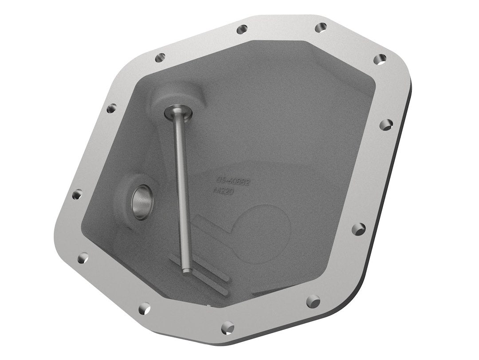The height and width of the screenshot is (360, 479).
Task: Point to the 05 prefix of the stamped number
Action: [x=221, y=180]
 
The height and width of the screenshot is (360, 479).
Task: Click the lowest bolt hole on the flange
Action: [x=229, y=326]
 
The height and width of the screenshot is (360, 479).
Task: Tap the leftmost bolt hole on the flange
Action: [x=77, y=194]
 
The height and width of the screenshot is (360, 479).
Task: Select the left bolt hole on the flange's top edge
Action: [x=241, y=30]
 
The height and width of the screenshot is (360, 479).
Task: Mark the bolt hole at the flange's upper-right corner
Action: [x=380, y=59]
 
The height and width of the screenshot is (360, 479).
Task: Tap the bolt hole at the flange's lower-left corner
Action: [x=82, y=257]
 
